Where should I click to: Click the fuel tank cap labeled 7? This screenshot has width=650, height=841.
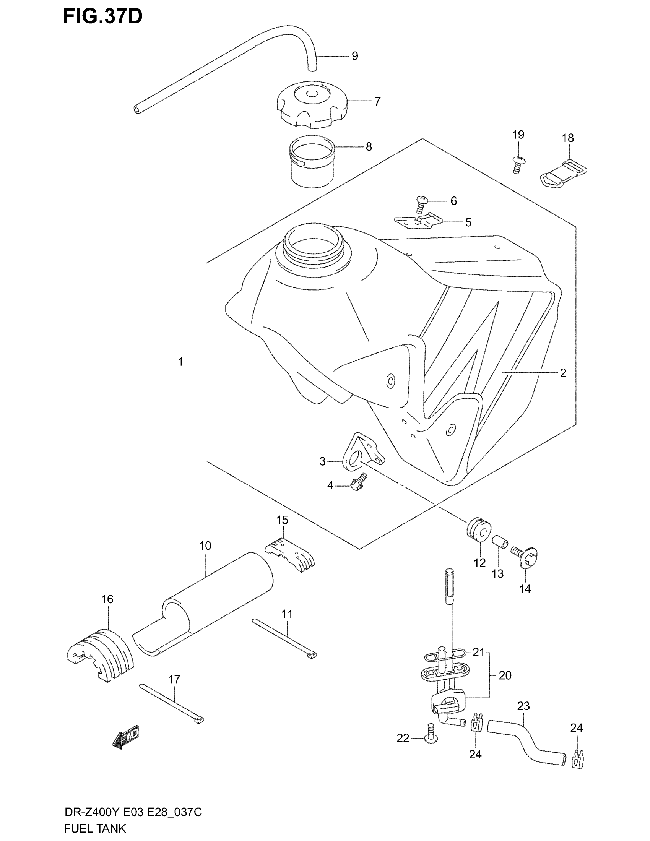(312, 104)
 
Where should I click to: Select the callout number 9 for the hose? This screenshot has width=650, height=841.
(355, 56)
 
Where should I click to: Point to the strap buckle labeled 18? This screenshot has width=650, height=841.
(562, 173)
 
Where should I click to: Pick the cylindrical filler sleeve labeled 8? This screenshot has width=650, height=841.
(312, 162)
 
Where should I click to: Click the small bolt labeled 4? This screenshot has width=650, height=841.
(358, 483)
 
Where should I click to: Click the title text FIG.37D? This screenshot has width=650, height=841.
(103, 17)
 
